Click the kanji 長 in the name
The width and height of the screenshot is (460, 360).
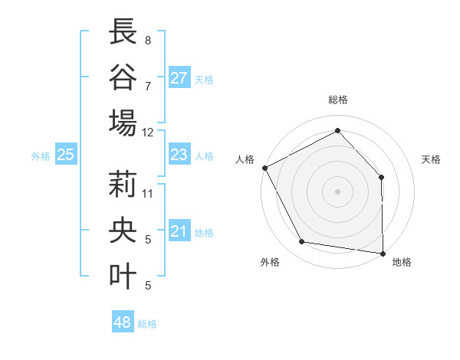123,33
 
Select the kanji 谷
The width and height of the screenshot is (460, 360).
123,77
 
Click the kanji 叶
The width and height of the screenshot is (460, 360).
123,275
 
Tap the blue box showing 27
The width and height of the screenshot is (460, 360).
179,78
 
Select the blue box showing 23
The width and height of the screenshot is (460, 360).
179,155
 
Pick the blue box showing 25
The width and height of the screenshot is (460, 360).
65,155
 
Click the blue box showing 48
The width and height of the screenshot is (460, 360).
122,322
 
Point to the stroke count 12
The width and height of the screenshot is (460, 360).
148,132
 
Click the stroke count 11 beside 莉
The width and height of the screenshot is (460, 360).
148,193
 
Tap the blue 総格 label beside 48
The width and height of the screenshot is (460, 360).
147,324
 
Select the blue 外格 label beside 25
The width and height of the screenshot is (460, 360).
41,156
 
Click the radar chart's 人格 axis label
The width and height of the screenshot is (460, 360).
245,159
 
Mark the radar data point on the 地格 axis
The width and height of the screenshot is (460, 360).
383,253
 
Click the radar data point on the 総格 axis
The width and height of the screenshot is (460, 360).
337,130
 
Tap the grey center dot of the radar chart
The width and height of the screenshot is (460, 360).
337,191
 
